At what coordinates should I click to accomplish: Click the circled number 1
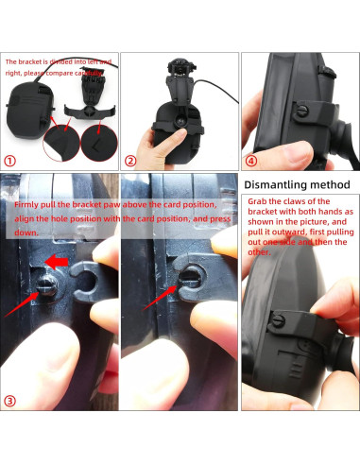pyautogui.click(x=10, y=161)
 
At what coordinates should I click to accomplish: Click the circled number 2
pyautogui.click(x=130, y=161)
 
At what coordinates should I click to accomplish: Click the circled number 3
pyautogui.click(x=10, y=401)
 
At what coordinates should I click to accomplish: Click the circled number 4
pyautogui.click(x=251, y=161)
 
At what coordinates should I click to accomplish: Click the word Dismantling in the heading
pyautogui.click(x=277, y=184)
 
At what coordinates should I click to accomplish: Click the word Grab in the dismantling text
pyautogui.click(x=257, y=201)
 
